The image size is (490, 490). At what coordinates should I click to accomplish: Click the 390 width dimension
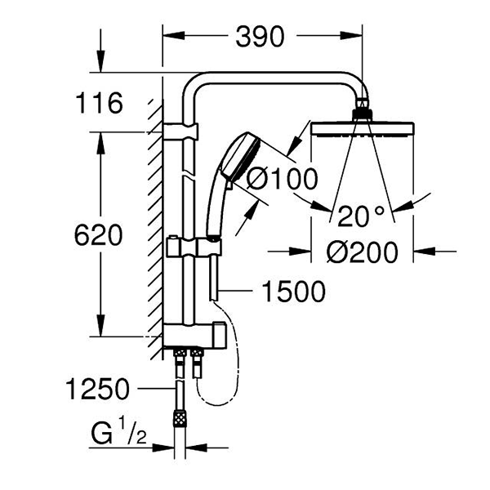pos(260,37)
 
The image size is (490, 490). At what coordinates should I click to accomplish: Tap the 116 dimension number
pos(100,103)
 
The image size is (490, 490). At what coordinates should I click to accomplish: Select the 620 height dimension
pos(98,234)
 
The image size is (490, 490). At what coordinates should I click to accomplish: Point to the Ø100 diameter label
pos(282,179)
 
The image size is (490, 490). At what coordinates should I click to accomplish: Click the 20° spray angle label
pos(361,216)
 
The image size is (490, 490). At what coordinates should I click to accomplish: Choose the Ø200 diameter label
pos(362,252)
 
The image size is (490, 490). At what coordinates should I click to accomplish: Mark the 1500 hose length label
pos(294,292)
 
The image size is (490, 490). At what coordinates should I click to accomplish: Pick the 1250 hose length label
pos(97,389)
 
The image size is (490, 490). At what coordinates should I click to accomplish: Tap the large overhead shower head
pos(363,129)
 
